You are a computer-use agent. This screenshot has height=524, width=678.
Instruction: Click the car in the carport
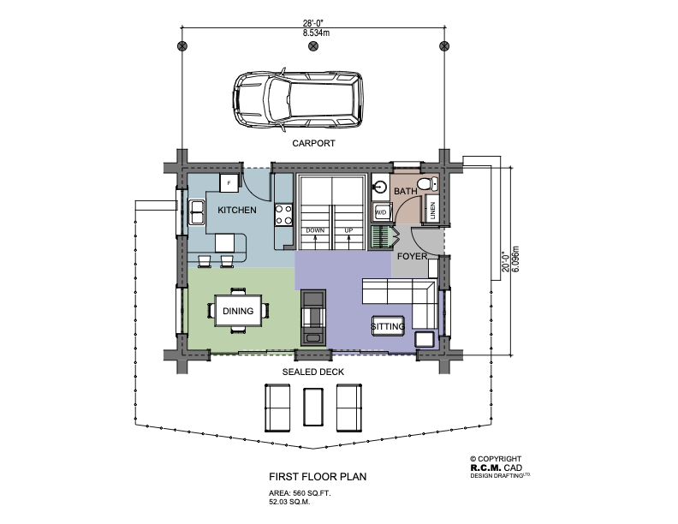click(x=298, y=99)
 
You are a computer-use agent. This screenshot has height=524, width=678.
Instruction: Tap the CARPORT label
click(x=313, y=143)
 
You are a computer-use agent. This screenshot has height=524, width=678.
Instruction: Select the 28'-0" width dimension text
click(x=313, y=24)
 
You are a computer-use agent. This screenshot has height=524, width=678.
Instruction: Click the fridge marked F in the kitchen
click(x=229, y=183)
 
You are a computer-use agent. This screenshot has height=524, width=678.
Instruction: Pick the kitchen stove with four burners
click(x=283, y=215)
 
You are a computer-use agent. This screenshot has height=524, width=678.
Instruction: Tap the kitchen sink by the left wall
click(x=197, y=211)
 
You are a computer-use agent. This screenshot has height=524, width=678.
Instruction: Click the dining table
click(x=238, y=311)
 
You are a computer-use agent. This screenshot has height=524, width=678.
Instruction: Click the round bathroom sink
click(x=380, y=187)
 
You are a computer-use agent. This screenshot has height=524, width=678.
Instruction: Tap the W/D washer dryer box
click(x=382, y=212)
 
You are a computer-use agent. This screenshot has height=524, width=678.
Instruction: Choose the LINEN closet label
click(x=433, y=211)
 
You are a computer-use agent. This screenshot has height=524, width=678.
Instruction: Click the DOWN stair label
click(x=315, y=230)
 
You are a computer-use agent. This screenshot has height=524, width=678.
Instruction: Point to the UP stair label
click(x=348, y=230)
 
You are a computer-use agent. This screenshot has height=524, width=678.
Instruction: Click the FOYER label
click(x=412, y=256)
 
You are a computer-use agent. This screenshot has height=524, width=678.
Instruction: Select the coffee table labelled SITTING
click(x=389, y=326)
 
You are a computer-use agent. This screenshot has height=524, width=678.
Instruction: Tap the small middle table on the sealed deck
click(x=313, y=407)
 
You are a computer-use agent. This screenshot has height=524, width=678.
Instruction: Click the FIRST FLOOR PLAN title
click(x=318, y=476)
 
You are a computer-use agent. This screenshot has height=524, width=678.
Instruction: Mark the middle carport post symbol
click(x=313, y=46)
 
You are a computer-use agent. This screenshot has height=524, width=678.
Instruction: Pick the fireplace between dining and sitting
click(x=313, y=318)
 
